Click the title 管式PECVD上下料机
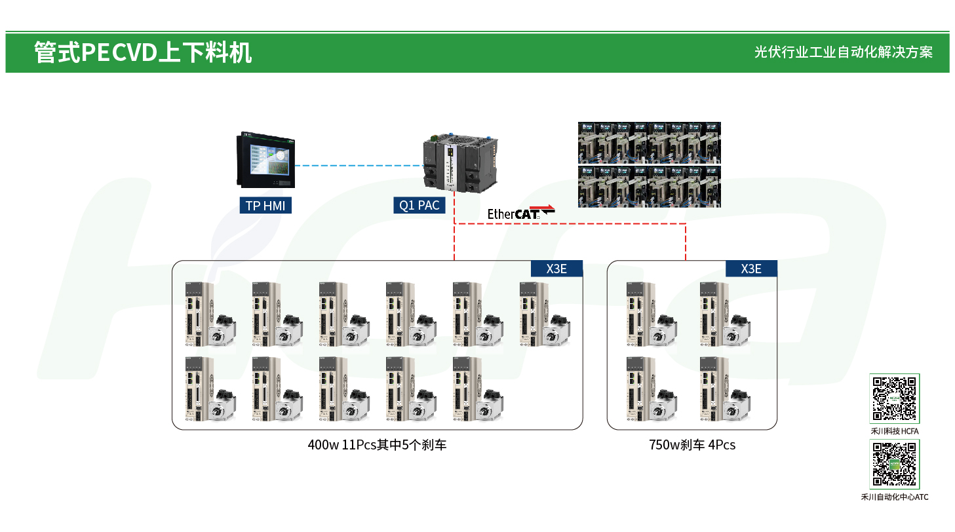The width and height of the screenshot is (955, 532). click(143, 52)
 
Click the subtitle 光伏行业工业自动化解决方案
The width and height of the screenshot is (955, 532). click(843, 52)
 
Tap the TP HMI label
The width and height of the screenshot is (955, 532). click(265, 206)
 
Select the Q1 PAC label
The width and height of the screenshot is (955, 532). click(419, 206)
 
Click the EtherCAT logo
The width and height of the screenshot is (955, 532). click(520, 212)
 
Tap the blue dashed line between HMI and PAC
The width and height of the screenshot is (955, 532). click(357, 165)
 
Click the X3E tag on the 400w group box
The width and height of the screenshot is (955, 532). click(556, 269)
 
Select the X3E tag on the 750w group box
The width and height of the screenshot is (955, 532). click(751, 269)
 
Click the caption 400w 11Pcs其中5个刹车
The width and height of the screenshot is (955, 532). click(377, 446)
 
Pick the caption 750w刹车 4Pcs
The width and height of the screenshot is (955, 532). click(692, 446)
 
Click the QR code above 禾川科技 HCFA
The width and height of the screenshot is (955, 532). click(895, 398)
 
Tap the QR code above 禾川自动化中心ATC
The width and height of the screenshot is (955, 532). click(895, 464)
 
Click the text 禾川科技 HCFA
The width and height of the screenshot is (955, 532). click(895, 431)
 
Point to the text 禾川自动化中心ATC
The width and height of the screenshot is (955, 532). click(895, 497)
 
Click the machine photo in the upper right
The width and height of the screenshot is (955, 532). click(649, 164)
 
